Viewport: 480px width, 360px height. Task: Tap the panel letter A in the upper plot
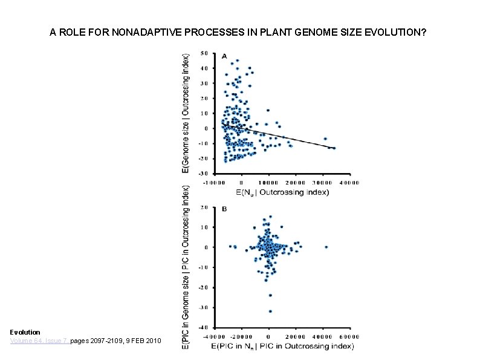point(224,56)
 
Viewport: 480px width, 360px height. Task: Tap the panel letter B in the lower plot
point(224,209)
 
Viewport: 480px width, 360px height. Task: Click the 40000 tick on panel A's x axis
point(349,181)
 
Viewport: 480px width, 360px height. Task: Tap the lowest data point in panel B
point(270,311)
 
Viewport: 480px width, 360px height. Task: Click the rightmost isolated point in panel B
point(326,247)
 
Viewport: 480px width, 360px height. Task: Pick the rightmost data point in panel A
point(334,148)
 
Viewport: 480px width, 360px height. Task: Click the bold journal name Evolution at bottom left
point(25,332)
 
